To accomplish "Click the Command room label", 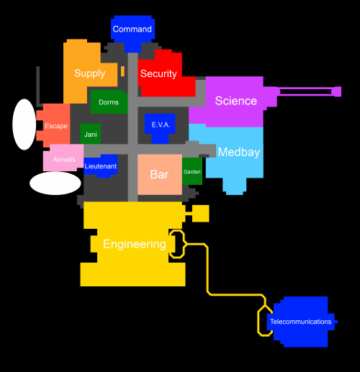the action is pos(132,29).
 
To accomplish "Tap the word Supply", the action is pos(89,73).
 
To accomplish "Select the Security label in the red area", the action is pos(158,73).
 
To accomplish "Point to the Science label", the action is pos(236,101).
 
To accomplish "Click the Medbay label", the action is pos(239,152).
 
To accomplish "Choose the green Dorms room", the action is pos(109,101).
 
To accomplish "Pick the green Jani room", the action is pos(90,134).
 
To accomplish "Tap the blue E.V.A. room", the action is pos(160,127).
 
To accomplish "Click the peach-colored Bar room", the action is pos(160,174).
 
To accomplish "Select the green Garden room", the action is pos(192,171).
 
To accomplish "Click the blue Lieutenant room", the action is pos(101,166).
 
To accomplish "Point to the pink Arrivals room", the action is pos(63,158).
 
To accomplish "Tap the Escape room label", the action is pos(56,126).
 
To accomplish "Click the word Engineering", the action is pos(135,244).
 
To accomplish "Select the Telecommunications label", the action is pos(300,322).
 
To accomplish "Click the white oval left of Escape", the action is pos(24,124).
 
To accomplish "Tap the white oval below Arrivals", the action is pos(55,183).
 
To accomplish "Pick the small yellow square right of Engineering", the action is pos(201,214).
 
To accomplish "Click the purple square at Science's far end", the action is pos(338,91).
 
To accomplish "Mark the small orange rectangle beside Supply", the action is pos(122,71).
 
